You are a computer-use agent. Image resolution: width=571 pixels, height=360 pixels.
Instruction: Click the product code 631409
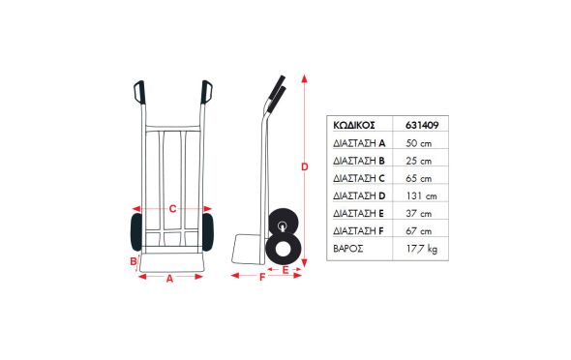point(422,125)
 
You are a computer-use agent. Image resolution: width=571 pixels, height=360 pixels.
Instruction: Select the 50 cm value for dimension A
point(418,143)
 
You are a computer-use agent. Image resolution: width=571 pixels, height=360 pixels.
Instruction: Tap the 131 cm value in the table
point(421,195)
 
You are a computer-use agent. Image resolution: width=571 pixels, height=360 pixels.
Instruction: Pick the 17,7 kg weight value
point(422,249)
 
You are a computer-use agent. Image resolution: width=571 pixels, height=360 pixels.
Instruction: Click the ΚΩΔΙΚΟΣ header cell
point(354,125)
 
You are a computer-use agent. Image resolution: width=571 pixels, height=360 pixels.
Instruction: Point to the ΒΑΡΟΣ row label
point(348,249)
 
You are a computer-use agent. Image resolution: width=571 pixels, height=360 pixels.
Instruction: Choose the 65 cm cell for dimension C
point(418,178)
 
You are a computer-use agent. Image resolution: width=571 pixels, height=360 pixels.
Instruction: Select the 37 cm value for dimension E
point(418,213)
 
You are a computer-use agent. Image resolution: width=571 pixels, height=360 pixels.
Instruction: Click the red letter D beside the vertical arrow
point(305,166)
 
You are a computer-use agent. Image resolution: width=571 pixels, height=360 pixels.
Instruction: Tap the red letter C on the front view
point(172,209)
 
